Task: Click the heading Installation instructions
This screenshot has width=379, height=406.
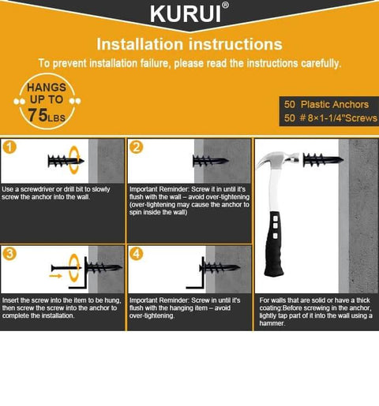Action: coord(189,44)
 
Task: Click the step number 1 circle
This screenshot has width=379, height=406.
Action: coord(9,147)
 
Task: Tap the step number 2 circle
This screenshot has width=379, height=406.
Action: coord(137,147)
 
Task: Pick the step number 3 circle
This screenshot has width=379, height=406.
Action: coord(9,254)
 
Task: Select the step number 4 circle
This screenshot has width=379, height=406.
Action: coord(137,254)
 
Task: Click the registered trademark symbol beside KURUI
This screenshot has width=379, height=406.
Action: coord(226,6)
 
